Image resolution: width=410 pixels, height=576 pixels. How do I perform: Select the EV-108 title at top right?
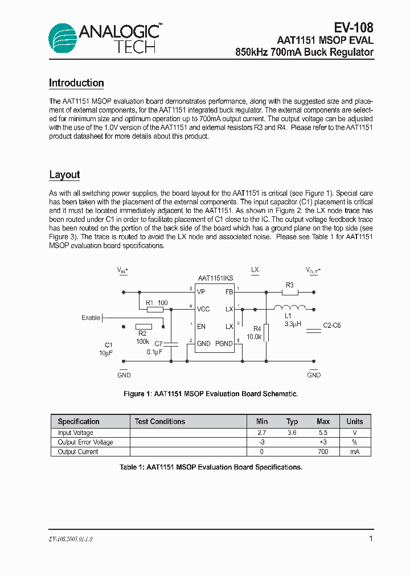click(353, 27)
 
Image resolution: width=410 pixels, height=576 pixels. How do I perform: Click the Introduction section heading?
click(76, 83)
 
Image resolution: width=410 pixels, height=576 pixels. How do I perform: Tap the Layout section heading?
click(64, 175)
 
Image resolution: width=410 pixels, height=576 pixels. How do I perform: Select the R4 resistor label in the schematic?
click(257, 328)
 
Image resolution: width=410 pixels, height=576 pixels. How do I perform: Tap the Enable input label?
click(91, 318)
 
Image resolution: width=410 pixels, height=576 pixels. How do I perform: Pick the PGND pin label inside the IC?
click(223, 344)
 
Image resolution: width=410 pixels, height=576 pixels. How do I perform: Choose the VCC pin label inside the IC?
click(203, 309)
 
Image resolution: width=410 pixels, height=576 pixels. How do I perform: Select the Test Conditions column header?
click(159, 422)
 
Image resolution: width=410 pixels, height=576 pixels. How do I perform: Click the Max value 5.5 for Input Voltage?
click(323, 433)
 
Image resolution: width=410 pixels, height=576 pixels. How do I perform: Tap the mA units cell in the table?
click(354, 452)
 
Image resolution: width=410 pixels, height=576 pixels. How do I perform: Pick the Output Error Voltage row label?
click(85, 442)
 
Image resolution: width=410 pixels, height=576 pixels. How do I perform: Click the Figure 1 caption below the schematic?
click(211, 394)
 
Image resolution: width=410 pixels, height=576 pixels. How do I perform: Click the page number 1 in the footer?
click(371, 538)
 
